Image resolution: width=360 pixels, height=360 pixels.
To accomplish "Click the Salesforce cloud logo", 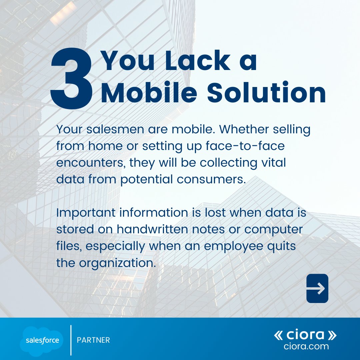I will coord(42,340).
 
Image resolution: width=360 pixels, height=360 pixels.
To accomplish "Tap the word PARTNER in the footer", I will coord(93,340).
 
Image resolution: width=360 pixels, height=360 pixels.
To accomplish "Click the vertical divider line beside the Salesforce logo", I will coord(71,340).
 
